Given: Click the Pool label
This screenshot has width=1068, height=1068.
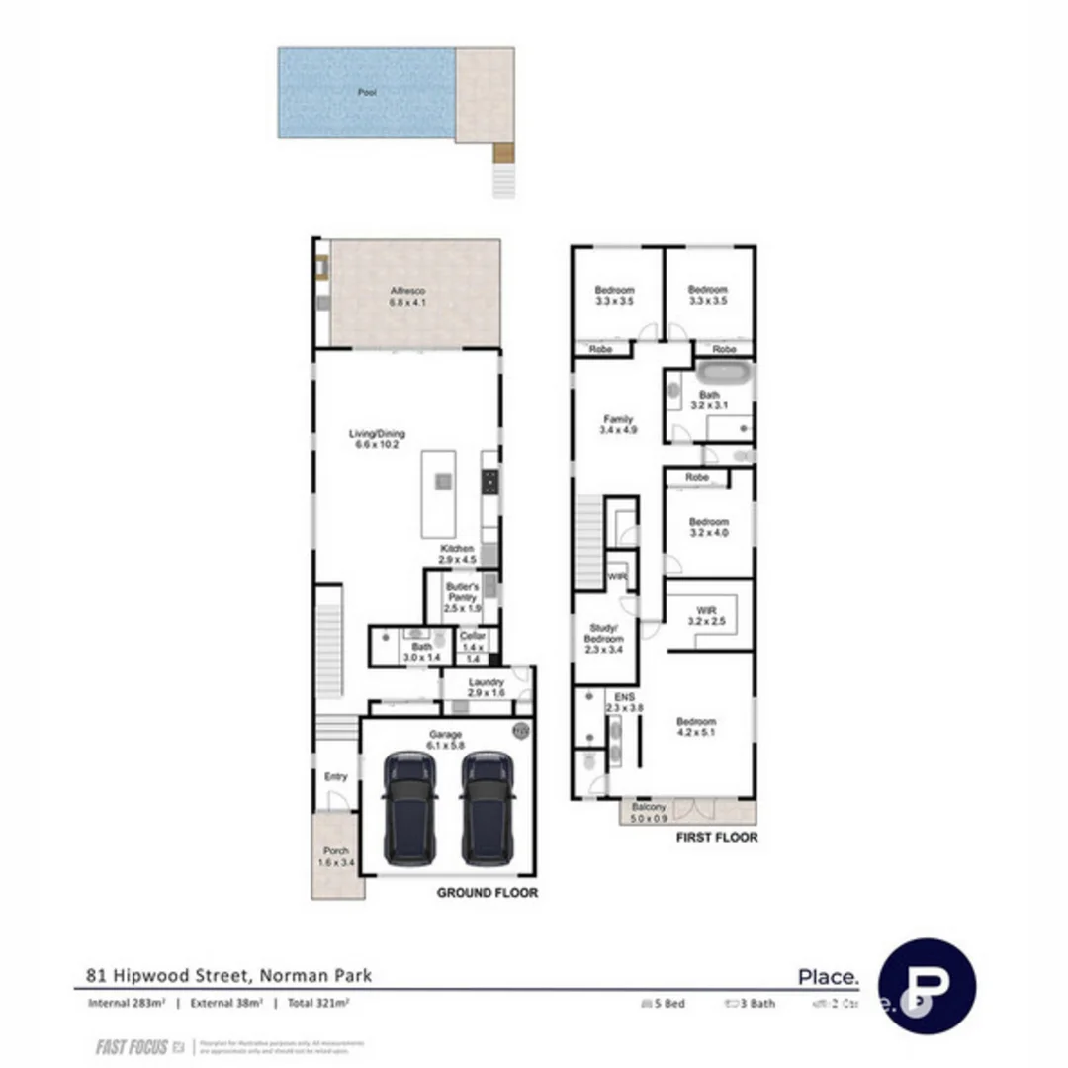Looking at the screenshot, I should click(x=368, y=92).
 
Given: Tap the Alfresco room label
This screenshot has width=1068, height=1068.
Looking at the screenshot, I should click(x=407, y=296).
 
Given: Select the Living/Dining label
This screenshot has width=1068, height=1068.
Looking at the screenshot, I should click(x=377, y=439).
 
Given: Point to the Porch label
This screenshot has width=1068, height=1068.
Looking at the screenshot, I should click(x=336, y=856).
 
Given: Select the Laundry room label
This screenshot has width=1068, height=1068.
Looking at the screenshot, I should click(x=487, y=688).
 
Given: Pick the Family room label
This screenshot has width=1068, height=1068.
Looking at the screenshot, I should click(x=618, y=425).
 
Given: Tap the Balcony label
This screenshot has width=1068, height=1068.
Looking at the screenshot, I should click(x=651, y=813).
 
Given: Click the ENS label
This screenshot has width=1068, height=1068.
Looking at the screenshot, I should click(x=624, y=701).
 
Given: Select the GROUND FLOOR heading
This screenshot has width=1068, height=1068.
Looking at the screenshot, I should click(x=488, y=892).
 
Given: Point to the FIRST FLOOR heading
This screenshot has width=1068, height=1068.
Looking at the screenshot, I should click(x=716, y=837).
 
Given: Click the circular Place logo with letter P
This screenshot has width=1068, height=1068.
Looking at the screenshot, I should click(x=927, y=986).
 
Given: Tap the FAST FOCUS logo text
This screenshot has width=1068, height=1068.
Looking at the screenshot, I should click(x=132, y=1047).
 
